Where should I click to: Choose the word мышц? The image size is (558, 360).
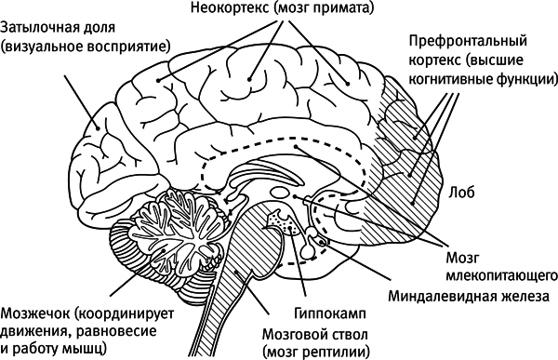point(87,348)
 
